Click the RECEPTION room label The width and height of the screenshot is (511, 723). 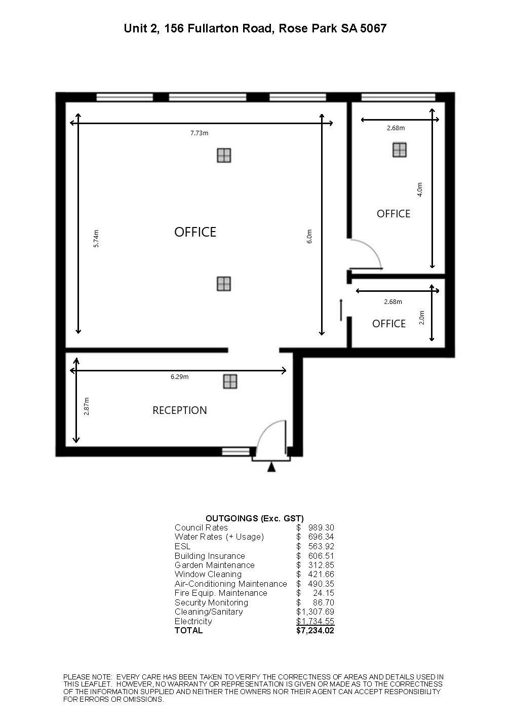[x=180, y=410]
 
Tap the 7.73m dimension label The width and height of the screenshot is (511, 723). [x=199, y=133]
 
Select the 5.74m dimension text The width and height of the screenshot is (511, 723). [x=96, y=239]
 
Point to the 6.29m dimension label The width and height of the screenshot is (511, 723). [x=179, y=376]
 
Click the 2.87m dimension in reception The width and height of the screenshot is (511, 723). [x=87, y=406]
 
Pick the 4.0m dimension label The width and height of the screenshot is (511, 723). [x=420, y=189]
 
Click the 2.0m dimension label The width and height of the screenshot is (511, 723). [x=422, y=318]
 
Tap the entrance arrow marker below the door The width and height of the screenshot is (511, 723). [x=271, y=467]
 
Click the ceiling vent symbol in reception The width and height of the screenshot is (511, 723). [x=230, y=382]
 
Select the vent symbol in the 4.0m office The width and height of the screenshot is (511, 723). [x=400, y=150]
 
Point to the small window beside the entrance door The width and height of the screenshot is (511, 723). [x=236, y=451]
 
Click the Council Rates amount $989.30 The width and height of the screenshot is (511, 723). [x=315, y=527]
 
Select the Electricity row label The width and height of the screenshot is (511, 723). [x=193, y=621]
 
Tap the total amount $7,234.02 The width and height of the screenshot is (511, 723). [x=315, y=630]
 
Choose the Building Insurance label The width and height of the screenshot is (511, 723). [x=210, y=556]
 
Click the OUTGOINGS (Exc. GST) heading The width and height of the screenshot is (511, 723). [x=255, y=518]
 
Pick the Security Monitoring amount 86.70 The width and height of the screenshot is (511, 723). [x=324, y=602]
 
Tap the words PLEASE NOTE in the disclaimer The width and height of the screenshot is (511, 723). [x=87, y=677]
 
